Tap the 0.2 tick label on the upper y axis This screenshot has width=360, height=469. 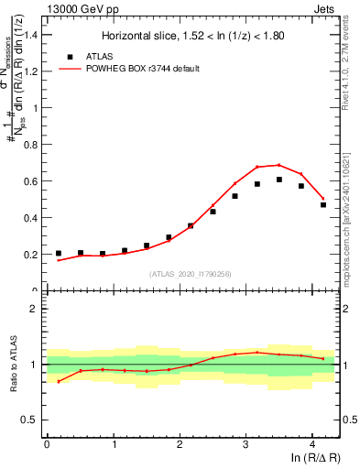coord(31,255)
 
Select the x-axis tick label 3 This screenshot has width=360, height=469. coord(246,446)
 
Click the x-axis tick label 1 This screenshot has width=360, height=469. coord(114,446)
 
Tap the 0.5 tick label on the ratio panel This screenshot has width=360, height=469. coord(31,420)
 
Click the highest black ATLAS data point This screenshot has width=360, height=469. coord(279,180)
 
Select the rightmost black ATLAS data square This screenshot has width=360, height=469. coord(323,204)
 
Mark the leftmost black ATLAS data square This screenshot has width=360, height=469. coord(59,253)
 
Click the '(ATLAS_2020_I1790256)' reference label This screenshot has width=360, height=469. coord(191,274)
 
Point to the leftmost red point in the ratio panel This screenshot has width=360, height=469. coord(59,381)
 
